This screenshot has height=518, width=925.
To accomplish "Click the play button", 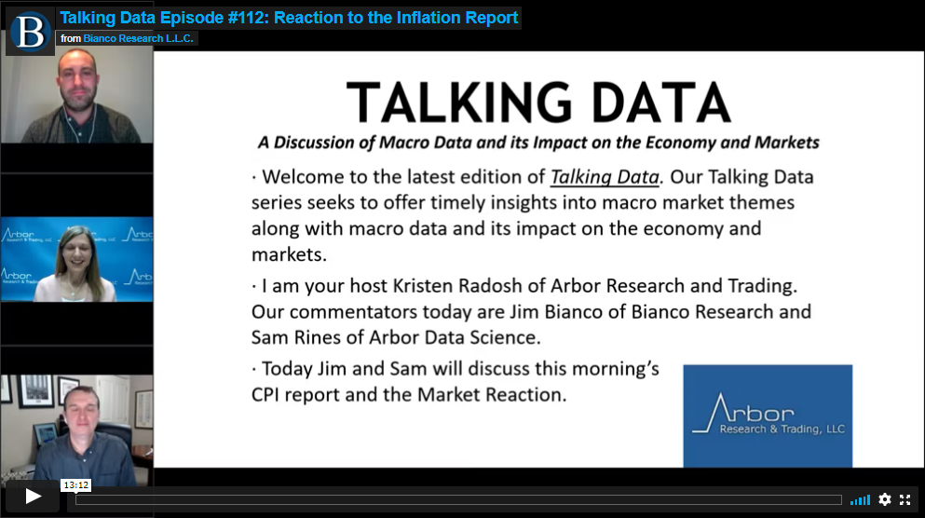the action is point(33,497).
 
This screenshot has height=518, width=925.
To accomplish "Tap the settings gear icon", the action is point(884,499).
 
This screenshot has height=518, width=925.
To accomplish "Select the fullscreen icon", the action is point(905,499).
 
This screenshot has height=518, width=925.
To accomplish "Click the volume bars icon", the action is point(860,500).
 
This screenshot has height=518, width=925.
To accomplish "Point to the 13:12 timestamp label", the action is point(76,485).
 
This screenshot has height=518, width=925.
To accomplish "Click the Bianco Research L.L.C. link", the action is point(138,38).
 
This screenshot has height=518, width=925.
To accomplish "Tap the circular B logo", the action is point(30,32).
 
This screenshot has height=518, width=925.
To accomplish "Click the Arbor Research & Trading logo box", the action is point(768,416).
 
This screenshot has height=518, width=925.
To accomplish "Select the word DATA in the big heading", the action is point(660,102).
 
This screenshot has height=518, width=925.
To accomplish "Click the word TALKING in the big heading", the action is point(459,102).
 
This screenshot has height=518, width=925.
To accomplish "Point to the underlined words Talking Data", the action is point(605,177).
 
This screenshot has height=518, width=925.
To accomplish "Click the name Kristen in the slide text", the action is point(423,285).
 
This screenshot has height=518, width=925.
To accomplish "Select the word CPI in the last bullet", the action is point(265,394).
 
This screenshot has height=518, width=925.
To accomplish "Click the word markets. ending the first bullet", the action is point(289,254).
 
